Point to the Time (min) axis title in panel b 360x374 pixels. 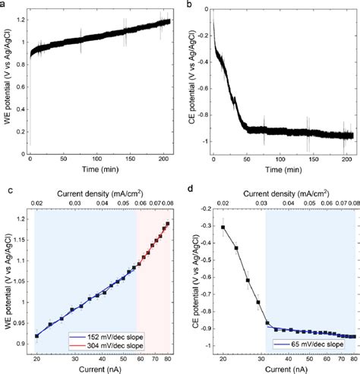(283, 173)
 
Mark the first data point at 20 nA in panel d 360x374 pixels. (223, 227)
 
